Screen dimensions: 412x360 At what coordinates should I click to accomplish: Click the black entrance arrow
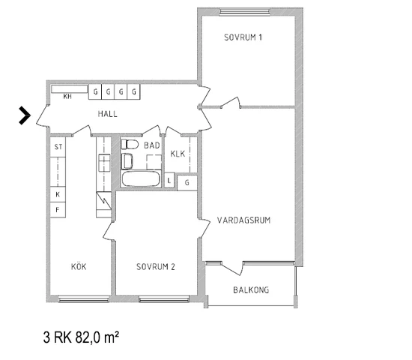pyautogui.click(x=25, y=115)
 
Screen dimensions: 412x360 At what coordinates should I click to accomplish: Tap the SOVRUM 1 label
pyautogui.click(x=243, y=37)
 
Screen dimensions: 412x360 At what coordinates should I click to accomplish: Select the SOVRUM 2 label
pyautogui.click(x=156, y=267)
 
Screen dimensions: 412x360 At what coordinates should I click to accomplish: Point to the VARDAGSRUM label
pyautogui.click(x=244, y=220)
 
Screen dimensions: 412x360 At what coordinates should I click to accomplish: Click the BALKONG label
pyautogui.click(x=251, y=290)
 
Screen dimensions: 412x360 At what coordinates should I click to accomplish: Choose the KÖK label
pyautogui.click(x=79, y=266)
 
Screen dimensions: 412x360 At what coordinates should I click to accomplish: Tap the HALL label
pyautogui.click(x=107, y=114)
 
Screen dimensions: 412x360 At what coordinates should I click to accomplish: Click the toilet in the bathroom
pyautogui.click(x=130, y=144)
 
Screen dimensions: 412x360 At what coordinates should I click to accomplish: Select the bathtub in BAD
pyautogui.click(x=141, y=179)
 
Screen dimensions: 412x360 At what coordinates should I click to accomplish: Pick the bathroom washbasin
pyautogui.click(x=127, y=161)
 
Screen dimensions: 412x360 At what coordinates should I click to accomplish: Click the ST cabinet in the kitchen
pyautogui.click(x=58, y=147)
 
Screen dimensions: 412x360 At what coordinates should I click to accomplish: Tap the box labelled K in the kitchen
pyautogui.click(x=58, y=194)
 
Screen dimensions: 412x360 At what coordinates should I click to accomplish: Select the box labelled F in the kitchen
pyautogui.click(x=58, y=210)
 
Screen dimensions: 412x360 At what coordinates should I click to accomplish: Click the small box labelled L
pyautogui.click(x=169, y=180)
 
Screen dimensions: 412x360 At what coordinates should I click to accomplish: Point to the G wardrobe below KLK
pyautogui.click(x=187, y=183)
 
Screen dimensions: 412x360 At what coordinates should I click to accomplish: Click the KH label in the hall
pyautogui.click(x=67, y=97)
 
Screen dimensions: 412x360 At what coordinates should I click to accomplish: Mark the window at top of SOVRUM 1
pyautogui.click(x=245, y=12)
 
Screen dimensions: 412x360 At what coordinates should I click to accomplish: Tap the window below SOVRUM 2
pyautogui.click(x=164, y=298)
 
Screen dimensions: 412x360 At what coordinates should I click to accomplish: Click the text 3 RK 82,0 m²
pyautogui.click(x=81, y=337)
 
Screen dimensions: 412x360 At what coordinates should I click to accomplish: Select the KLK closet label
pyautogui.click(x=178, y=154)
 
